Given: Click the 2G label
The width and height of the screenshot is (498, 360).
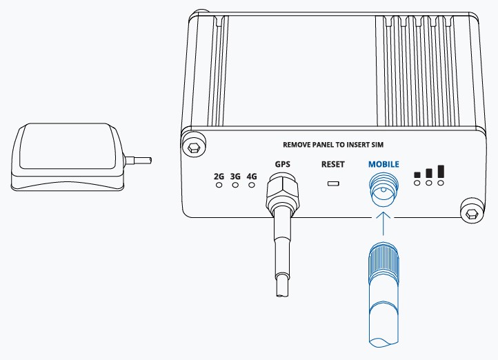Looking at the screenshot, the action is (219, 176).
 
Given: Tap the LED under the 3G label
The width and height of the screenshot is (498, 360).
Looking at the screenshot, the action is (235, 185).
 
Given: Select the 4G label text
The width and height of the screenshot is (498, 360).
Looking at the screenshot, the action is (252, 176).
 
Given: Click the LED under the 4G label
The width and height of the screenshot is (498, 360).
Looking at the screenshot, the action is (252, 185).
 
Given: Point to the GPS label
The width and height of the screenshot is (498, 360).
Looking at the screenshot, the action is (283, 164).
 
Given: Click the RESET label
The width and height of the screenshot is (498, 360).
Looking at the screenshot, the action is (333, 164).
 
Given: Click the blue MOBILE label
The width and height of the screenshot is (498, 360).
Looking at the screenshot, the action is (384, 164).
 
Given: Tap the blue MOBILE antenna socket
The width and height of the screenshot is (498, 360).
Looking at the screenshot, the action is (384, 190).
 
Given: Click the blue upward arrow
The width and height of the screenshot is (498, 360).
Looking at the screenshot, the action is (384, 224).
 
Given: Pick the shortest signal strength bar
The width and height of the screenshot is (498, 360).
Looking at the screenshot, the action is (417, 175).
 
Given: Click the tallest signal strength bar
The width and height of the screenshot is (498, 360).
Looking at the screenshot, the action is (441, 172).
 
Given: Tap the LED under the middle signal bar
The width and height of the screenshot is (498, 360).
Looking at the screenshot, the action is (429, 183).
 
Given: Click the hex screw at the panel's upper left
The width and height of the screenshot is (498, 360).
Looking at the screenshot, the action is (193, 148).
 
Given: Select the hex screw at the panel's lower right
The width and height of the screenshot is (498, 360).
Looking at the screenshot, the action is (471, 215).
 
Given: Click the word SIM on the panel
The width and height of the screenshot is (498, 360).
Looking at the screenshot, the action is (377, 145).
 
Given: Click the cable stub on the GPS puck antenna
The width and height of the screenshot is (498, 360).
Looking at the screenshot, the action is (137, 161).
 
